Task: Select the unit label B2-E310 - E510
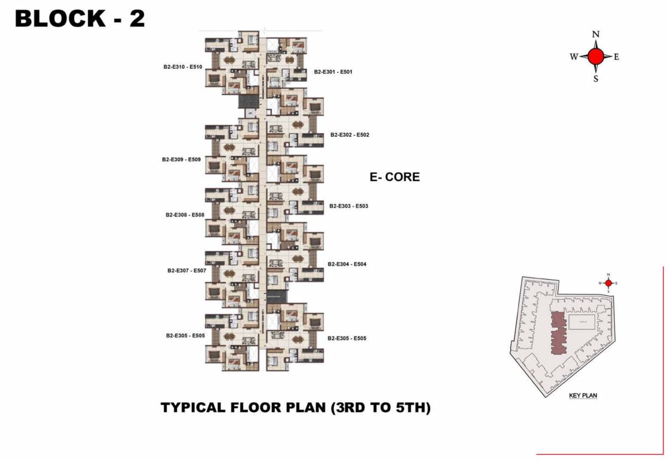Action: click(x=182, y=68)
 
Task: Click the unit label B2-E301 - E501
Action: click(x=333, y=72)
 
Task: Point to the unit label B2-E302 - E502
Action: click(x=350, y=135)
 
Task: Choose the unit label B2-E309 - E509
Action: click(x=181, y=160)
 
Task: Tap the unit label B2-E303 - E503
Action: click(x=348, y=206)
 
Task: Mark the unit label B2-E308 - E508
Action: click(x=185, y=215)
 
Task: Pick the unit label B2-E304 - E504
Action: click(x=347, y=264)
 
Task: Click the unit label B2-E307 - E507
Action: click(x=186, y=271)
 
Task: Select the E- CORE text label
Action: click(x=394, y=177)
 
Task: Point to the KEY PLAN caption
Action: click(x=583, y=396)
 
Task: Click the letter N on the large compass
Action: click(x=595, y=35)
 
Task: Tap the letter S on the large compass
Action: click(x=595, y=78)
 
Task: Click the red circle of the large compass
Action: click(x=595, y=57)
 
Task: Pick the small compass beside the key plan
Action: click(x=608, y=283)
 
